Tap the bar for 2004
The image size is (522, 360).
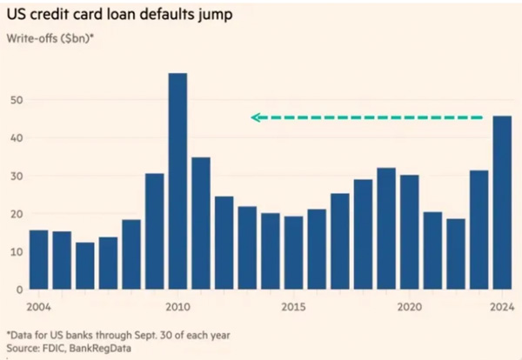(x=38, y=259)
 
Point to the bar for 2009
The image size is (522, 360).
(x=154, y=231)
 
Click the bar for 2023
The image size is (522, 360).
(x=479, y=230)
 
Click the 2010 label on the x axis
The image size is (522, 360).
(x=177, y=306)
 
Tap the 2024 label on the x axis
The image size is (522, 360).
(x=502, y=306)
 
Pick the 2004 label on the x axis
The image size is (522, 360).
(x=38, y=306)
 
